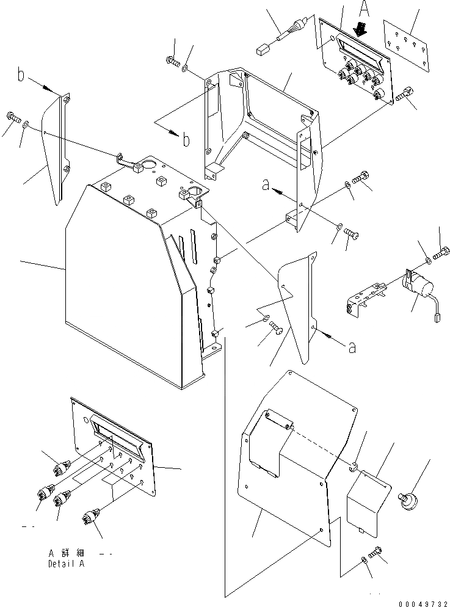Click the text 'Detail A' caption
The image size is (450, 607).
(x=66, y=564)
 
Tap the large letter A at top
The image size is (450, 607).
(x=365, y=10)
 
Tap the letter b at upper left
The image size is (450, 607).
(x=21, y=76)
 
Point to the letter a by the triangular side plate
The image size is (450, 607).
(x=352, y=348)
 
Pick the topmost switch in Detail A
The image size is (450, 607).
(x=64, y=466)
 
